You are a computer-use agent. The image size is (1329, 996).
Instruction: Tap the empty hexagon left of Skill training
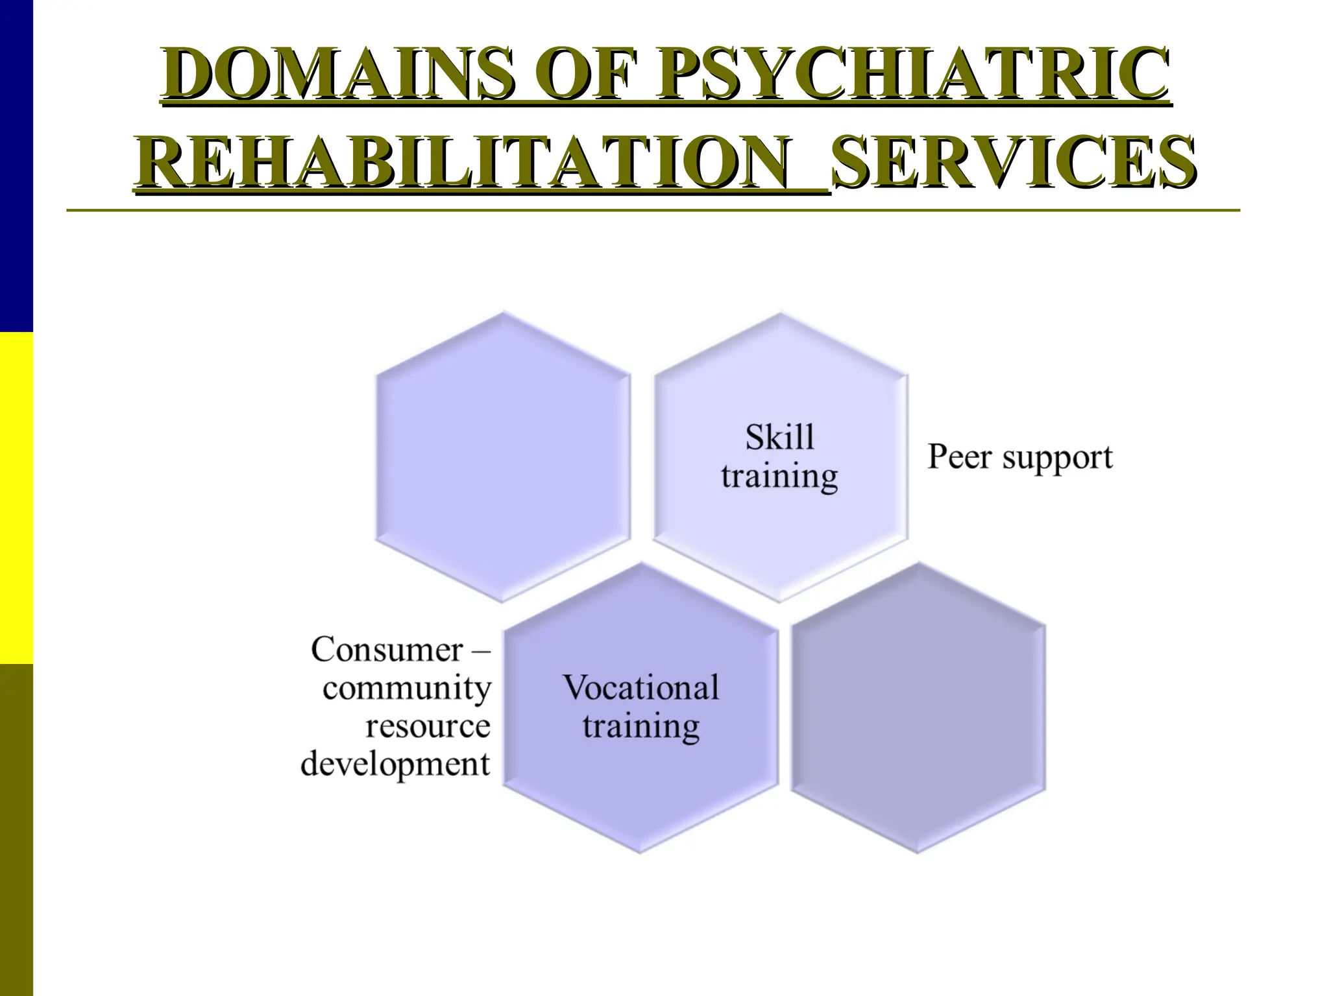(x=503, y=457)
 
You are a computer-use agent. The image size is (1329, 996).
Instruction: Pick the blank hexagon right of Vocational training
(x=918, y=707)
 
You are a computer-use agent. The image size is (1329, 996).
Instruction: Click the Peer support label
(x=1020, y=457)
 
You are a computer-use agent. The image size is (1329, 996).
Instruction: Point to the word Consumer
(x=387, y=649)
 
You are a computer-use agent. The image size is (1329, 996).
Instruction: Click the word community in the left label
(x=407, y=688)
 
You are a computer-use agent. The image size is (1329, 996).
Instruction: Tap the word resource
(x=428, y=726)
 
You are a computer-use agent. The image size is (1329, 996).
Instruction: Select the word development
(x=395, y=764)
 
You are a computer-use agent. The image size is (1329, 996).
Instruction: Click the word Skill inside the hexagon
(x=779, y=437)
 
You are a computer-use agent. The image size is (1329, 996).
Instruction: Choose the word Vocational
(x=641, y=687)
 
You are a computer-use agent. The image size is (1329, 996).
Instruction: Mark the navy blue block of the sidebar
(x=16, y=165)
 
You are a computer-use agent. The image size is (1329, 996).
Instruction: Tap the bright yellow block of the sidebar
(x=16, y=497)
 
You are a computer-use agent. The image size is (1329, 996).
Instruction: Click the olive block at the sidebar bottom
(x=16, y=830)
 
